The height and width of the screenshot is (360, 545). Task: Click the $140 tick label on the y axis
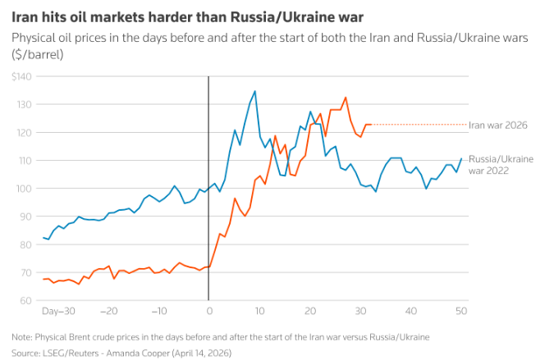[21, 76]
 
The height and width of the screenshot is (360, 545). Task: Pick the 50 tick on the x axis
[460, 312]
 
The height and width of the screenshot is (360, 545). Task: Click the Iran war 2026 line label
[497, 125]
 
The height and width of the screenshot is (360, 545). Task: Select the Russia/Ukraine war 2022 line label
[501, 164]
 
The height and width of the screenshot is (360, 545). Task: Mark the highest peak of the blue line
[255, 91]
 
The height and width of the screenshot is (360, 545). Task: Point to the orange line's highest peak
[346, 98]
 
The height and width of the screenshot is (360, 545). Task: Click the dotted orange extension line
[419, 125]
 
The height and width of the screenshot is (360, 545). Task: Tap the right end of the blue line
[461, 158]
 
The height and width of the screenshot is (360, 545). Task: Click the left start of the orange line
[43, 279]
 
